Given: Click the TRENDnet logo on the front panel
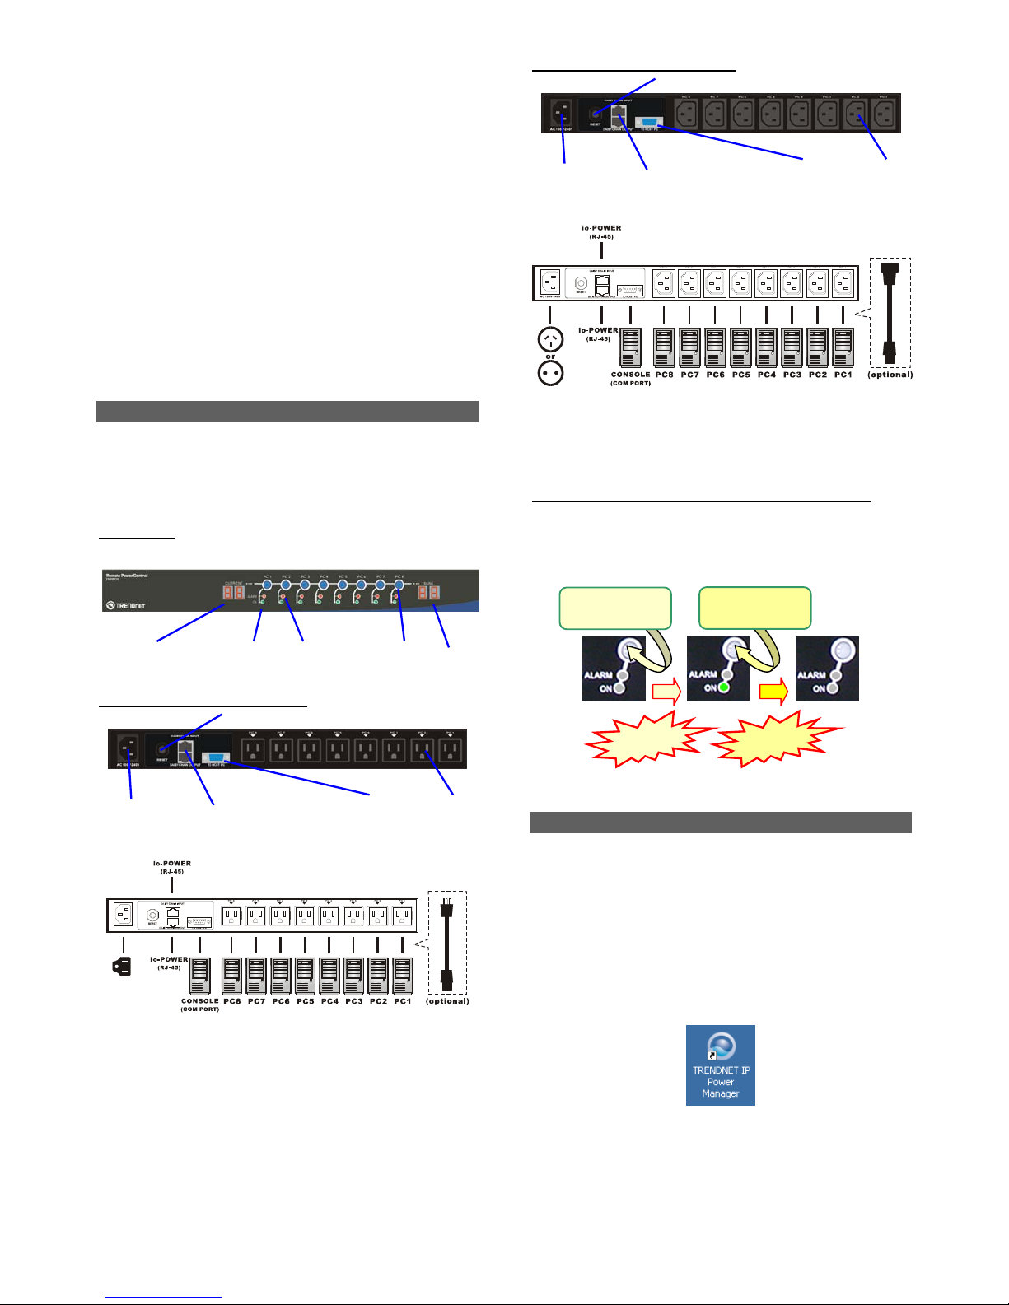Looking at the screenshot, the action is (x=125, y=605).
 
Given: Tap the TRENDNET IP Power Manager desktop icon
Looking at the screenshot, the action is (x=721, y=1065).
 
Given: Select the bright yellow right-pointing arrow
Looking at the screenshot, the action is (x=773, y=692).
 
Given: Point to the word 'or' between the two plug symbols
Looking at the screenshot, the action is (x=550, y=357).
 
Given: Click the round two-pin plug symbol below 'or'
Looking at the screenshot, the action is (x=550, y=373).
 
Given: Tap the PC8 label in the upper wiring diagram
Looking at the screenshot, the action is (x=664, y=375).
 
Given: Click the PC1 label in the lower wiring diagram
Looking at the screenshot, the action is (x=403, y=1001).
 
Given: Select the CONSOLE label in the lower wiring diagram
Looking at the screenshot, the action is (x=200, y=1001).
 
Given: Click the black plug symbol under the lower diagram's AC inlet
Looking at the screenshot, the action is (x=122, y=967).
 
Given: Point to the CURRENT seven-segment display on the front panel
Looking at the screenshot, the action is (x=234, y=593).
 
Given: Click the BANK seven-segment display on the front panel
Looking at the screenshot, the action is (x=428, y=593).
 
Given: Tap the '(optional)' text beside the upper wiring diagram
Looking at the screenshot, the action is (x=890, y=375).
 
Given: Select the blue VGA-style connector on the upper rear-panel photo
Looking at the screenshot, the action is (x=648, y=121).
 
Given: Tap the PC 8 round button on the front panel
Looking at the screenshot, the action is (x=399, y=585).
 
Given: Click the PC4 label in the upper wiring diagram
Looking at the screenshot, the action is (x=767, y=375).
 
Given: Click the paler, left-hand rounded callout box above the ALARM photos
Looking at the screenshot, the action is (x=615, y=608).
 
